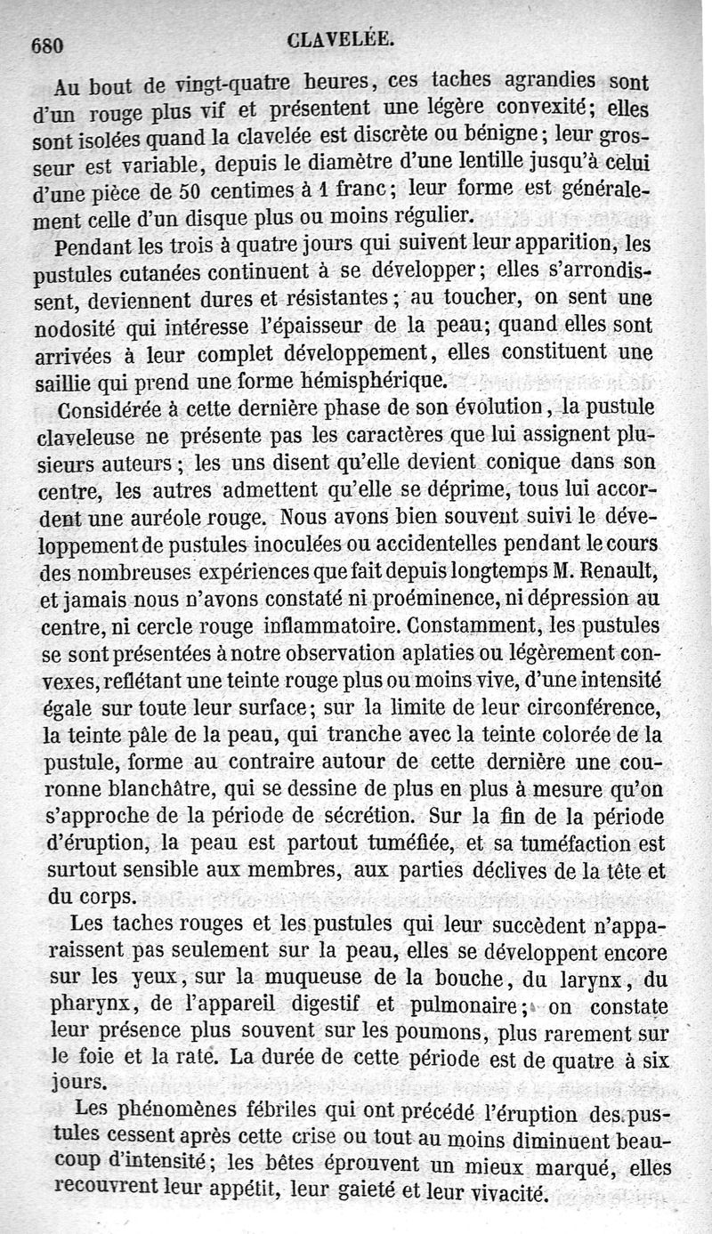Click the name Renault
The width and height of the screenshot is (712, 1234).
[x=614, y=569]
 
